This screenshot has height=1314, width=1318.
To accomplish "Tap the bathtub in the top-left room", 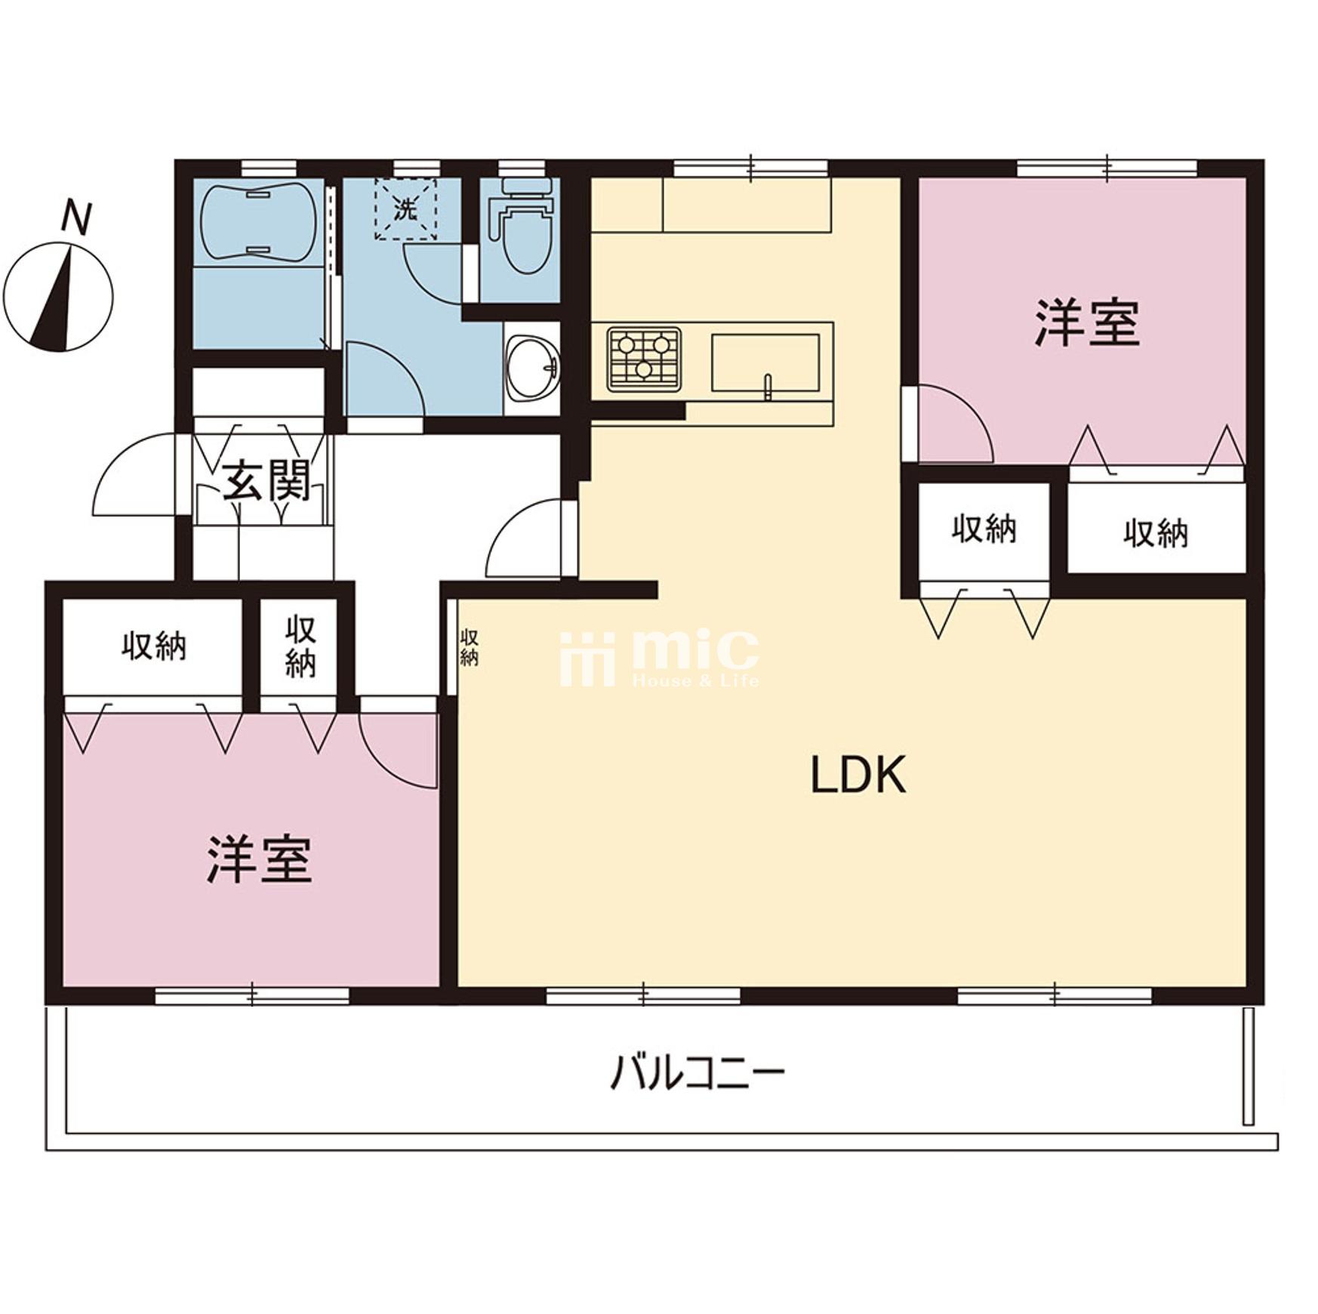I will coord(257,220).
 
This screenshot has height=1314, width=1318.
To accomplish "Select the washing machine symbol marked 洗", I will coord(406,209).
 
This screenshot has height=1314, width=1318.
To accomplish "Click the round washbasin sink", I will coord(531,368).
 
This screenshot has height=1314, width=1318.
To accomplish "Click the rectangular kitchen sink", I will coord(765,363).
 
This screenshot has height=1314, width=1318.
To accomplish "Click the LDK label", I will coord(858,775).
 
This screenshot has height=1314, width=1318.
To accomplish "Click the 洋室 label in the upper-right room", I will coord(1086,322).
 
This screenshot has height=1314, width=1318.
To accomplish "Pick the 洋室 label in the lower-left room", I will coord(259,859).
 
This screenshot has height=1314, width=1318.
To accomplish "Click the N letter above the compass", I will coord(76,217).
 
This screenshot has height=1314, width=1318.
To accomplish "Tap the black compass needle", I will coord(54,302).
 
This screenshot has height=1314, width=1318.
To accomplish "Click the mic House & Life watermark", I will coord(659,659).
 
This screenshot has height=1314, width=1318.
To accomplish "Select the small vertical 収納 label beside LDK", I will coord(469,647).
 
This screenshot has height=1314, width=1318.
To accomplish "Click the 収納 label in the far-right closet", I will coord(1155,534).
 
